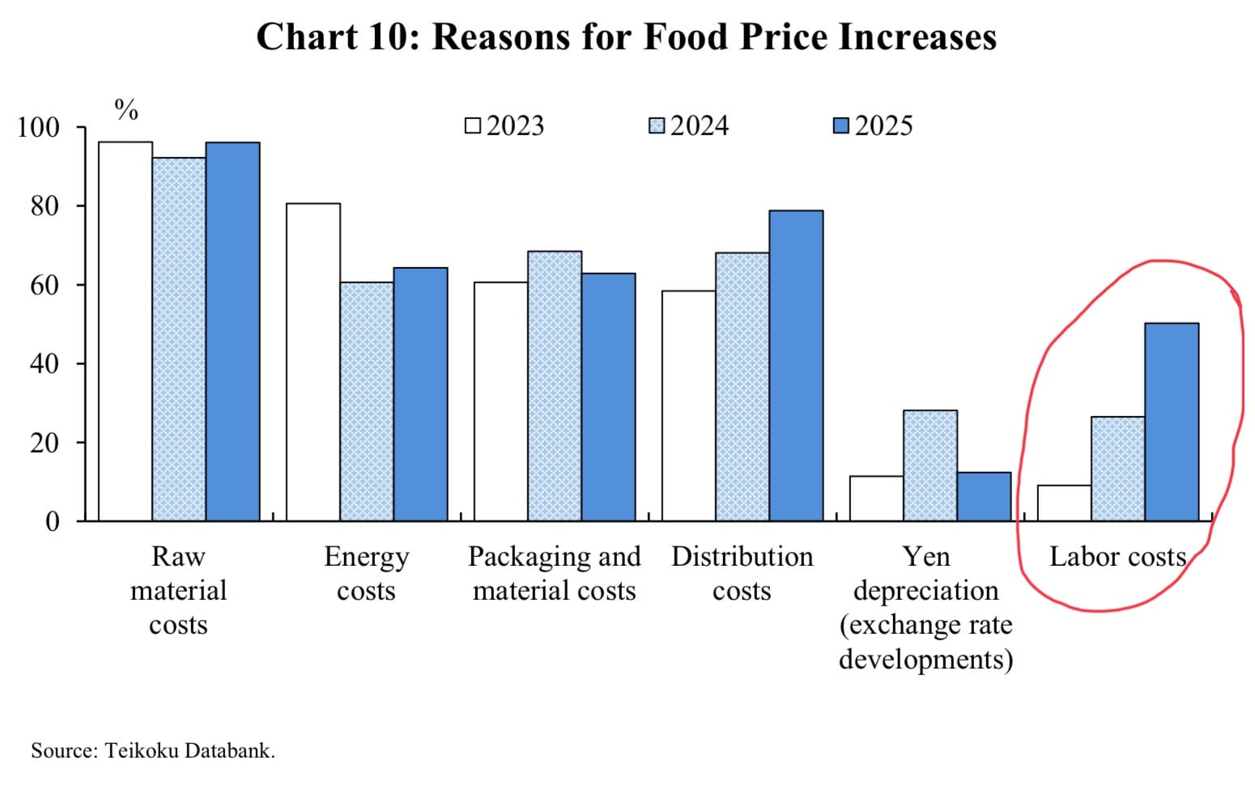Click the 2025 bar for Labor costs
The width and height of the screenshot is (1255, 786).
[1172, 422]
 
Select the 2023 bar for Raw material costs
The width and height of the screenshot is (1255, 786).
[125, 331]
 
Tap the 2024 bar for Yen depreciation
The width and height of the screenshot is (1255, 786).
[930, 465]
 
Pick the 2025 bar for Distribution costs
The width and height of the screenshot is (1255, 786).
[796, 365]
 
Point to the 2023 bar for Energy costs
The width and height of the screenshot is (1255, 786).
[313, 362]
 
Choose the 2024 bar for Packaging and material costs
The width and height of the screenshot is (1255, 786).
[555, 386]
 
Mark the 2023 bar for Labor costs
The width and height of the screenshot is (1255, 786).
[1064, 503]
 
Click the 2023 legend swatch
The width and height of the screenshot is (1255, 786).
[473, 126]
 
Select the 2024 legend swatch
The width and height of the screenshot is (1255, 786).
[657, 126]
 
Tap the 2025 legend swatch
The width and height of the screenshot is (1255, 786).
[841, 126]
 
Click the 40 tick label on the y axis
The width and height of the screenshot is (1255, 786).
[45, 363]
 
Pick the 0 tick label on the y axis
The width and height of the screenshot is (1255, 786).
[52, 521]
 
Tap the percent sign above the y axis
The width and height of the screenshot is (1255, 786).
[126, 109]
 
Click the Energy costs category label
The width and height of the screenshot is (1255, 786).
[366, 574]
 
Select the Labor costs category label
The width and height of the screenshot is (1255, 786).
[1117, 557]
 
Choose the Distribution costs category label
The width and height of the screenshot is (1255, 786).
[742, 574]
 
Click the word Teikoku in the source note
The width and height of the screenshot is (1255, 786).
[143, 751]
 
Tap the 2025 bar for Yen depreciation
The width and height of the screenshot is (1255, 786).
[984, 496]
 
